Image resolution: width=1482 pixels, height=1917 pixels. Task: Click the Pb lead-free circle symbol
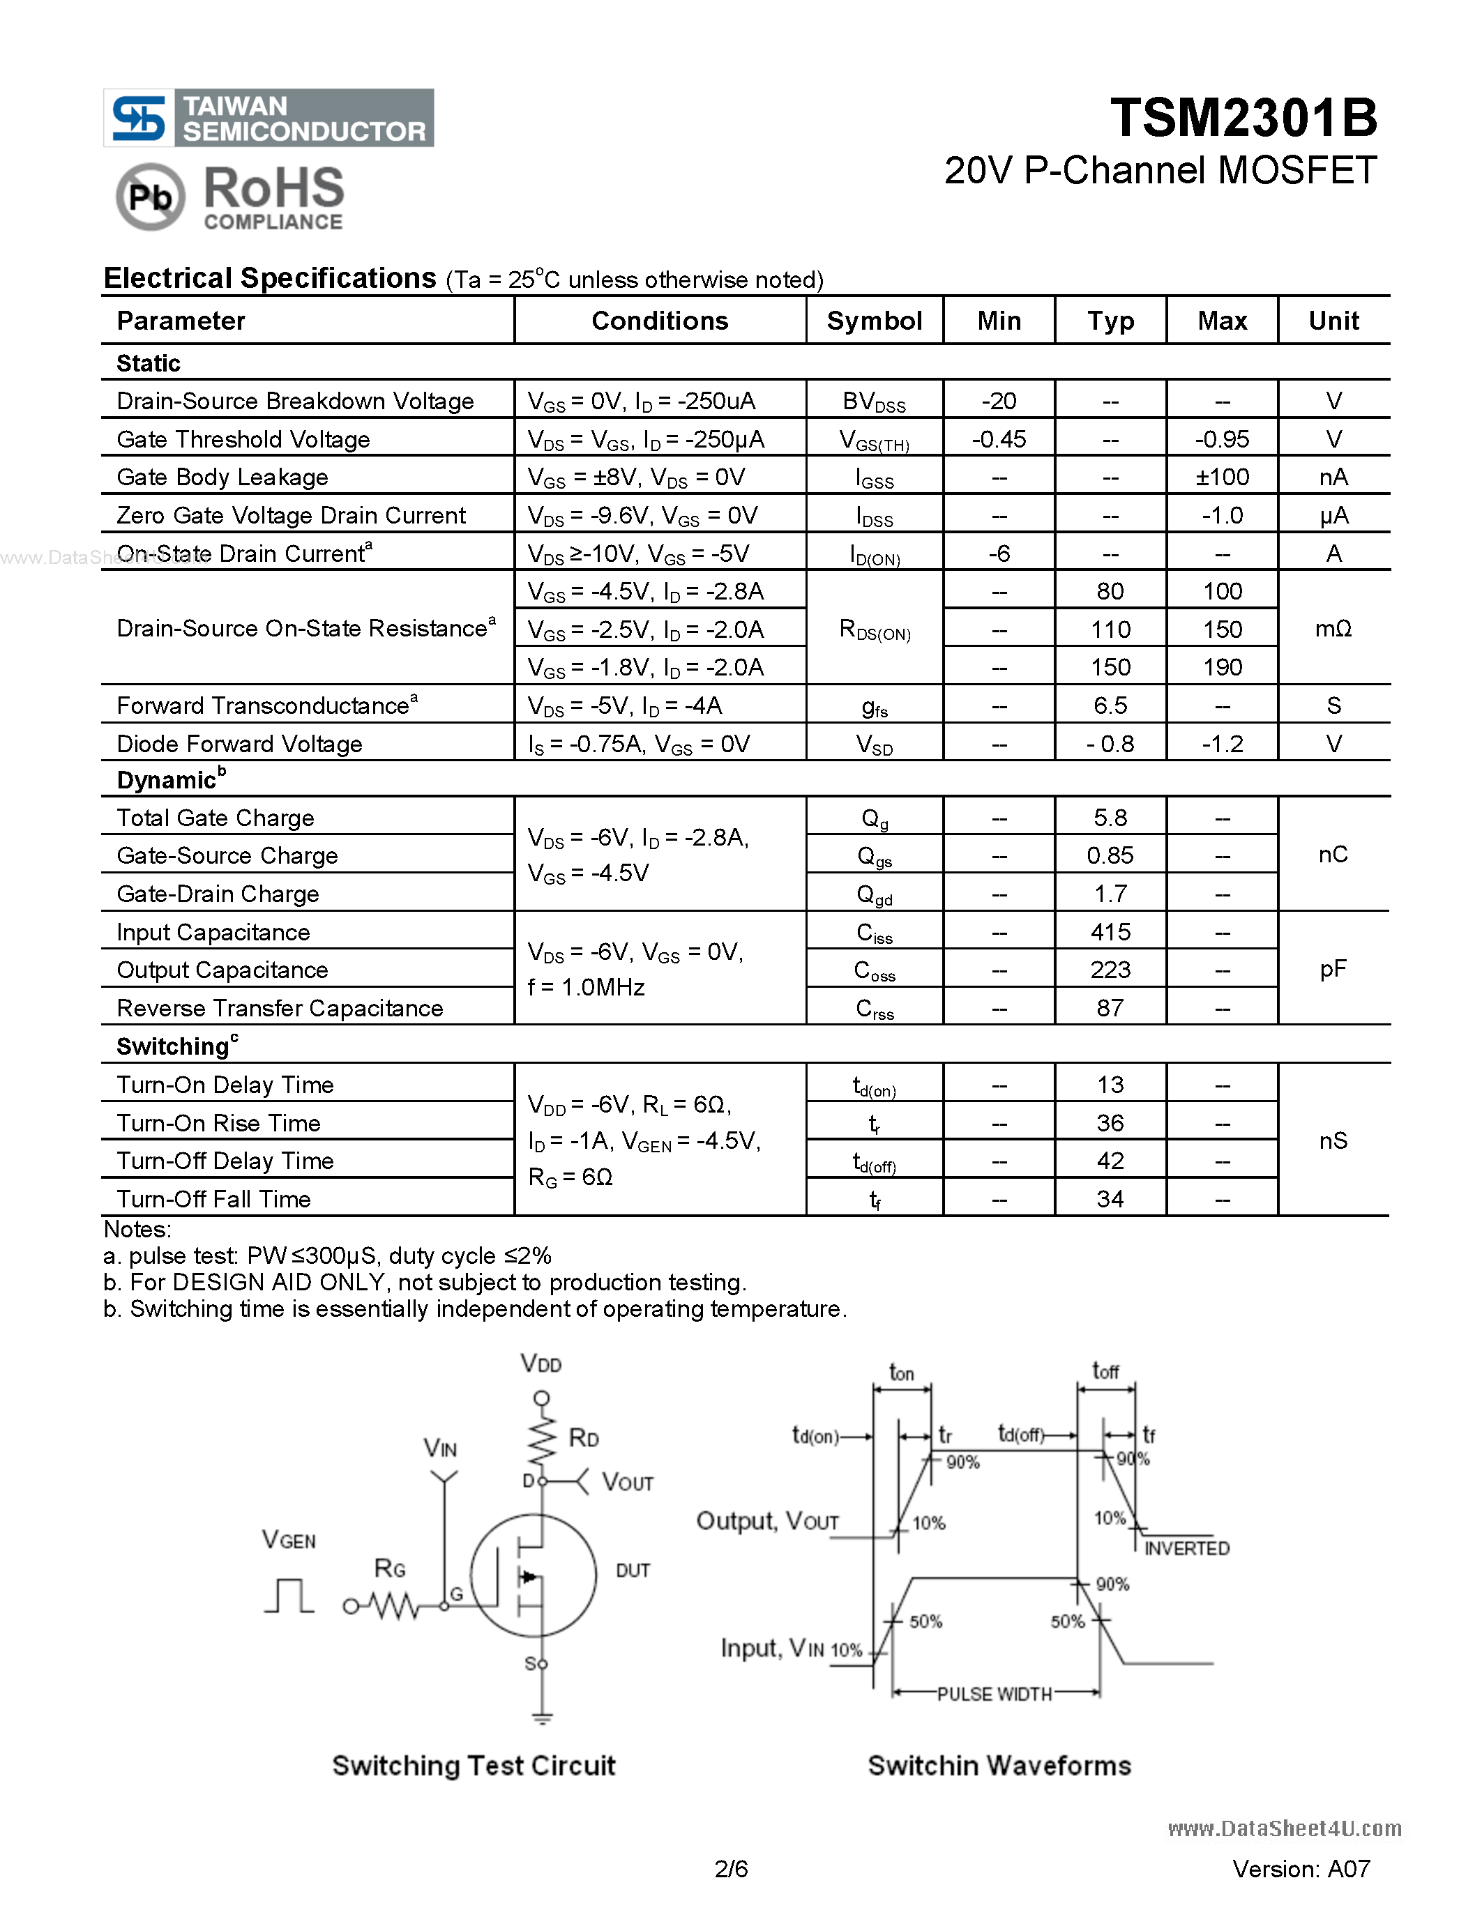click(150, 197)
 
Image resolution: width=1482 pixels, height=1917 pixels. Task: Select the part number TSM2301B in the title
click(1243, 118)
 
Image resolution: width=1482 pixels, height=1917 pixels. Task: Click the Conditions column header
click(659, 321)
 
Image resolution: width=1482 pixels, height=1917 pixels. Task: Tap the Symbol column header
click(874, 321)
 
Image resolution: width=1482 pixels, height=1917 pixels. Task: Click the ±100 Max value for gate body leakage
click(1221, 478)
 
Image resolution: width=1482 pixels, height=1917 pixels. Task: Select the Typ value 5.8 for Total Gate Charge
click(1110, 818)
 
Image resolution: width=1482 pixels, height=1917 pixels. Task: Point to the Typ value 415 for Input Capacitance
click(1110, 932)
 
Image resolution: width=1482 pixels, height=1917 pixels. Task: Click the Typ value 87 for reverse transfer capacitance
click(1110, 1009)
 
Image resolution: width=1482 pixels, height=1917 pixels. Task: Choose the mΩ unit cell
click(1333, 629)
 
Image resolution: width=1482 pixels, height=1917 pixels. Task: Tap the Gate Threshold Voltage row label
click(243, 440)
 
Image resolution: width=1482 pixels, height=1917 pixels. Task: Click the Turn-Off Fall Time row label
click(213, 1200)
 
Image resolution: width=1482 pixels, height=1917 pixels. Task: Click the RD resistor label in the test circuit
click(584, 1437)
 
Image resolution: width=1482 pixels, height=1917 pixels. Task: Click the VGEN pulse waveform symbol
click(289, 1596)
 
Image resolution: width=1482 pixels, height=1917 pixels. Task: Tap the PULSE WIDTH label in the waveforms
click(994, 1694)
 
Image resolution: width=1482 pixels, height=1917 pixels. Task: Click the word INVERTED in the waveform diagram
click(1186, 1548)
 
